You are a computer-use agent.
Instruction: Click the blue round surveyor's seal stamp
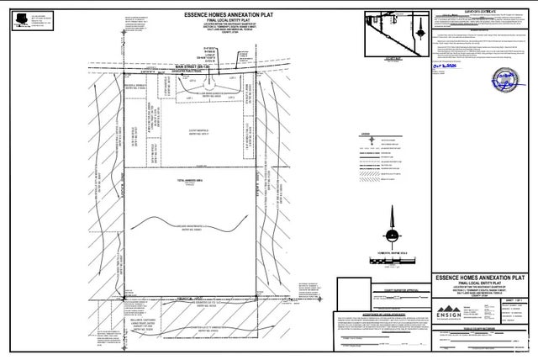pos(506,82)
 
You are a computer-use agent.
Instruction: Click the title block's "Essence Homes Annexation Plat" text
pos(479,276)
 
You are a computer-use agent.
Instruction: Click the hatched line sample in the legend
pos(367,178)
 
